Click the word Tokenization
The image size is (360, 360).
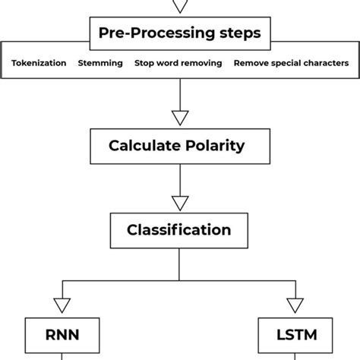(39, 63)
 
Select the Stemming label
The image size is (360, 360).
(100, 63)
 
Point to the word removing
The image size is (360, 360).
(202, 63)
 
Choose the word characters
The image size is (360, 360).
(327, 63)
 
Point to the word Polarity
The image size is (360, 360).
(219, 146)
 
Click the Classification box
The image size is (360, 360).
(179, 229)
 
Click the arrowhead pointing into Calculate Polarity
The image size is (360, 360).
(179, 118)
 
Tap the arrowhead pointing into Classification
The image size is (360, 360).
(179, 202)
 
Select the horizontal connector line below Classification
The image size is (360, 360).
(179, 280)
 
